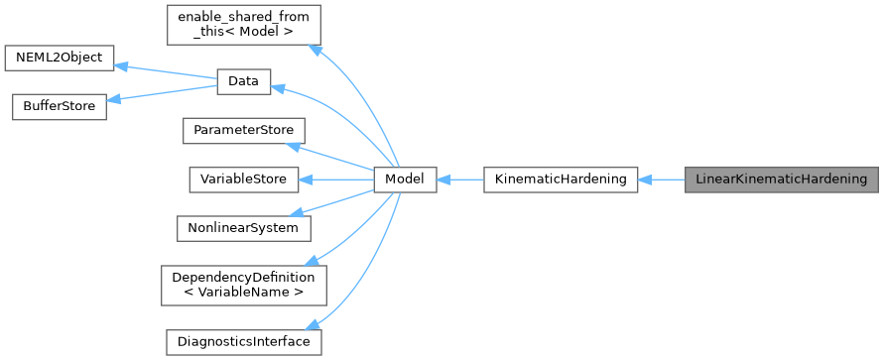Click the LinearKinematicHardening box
point(781,180)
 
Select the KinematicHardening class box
point(560,180)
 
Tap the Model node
point(405,180)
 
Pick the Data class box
point(243,83)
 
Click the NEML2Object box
point(59,58)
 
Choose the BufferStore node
point(59,108)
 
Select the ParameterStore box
point(243,131)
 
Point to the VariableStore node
point(243,180)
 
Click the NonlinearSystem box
point(243,227)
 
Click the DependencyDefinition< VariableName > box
point(243,285)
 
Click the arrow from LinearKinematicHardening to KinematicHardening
point(661,180)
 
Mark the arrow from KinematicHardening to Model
point(459,180)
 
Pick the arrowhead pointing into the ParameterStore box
point(292,146)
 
